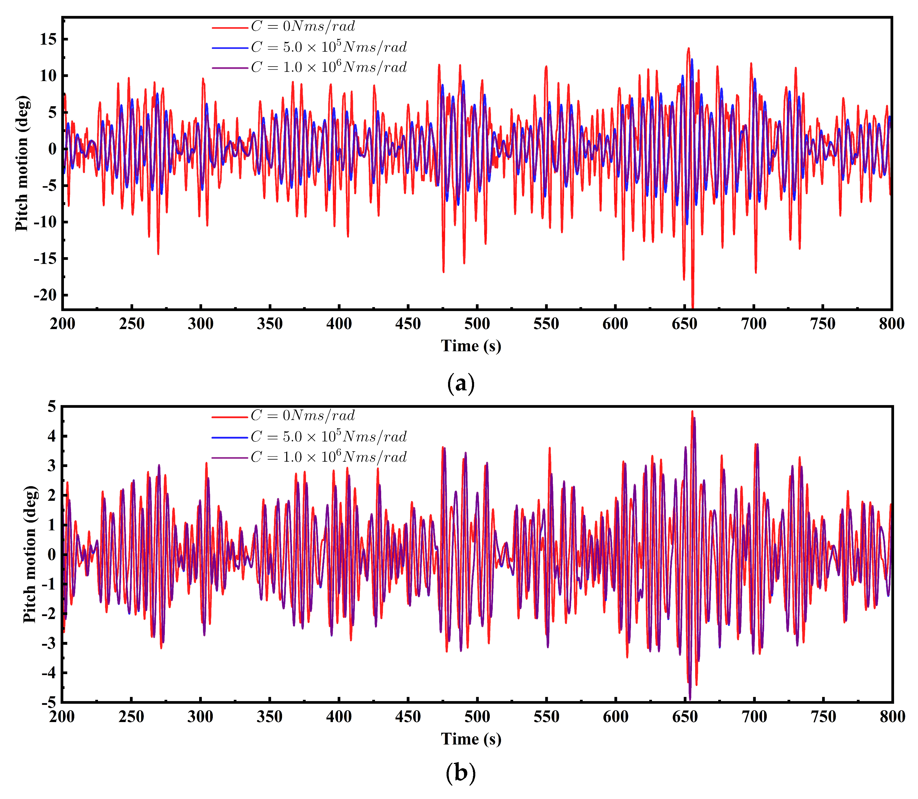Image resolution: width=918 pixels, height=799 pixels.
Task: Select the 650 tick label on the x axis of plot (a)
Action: [x=685, y=324]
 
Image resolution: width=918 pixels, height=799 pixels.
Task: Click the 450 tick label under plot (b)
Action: [x=408, y=717]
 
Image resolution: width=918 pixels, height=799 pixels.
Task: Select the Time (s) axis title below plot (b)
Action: [x=471, y=739]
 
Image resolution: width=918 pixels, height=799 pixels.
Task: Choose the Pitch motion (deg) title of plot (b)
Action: [x=30, y=554]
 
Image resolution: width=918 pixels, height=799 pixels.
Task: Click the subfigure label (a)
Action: [x=460, y=384]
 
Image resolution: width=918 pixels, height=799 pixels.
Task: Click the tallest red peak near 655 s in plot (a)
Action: [x=688, y=49]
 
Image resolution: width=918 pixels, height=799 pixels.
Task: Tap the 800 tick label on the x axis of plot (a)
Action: [x=891, y=324]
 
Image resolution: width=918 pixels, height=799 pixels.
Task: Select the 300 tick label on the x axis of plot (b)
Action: [x=201, y=717]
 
